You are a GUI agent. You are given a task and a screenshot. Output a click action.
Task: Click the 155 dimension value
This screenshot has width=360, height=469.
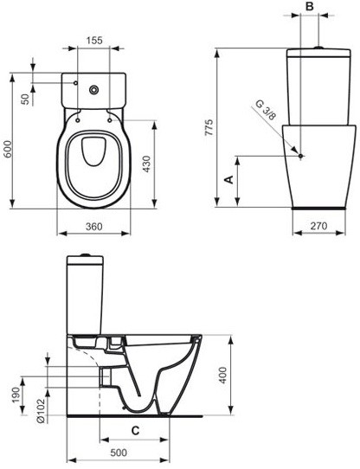coord(94,40)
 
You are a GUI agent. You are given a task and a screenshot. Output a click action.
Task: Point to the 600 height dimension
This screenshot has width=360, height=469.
coord(9,149)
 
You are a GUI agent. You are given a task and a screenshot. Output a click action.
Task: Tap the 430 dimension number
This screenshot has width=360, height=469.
coord(146,164)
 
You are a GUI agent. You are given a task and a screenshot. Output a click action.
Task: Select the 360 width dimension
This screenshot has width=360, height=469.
coord(94,227)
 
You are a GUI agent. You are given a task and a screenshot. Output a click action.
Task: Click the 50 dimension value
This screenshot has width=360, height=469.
coord(27,99)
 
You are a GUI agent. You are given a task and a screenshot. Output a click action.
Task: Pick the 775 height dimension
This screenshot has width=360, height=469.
coord(209,128)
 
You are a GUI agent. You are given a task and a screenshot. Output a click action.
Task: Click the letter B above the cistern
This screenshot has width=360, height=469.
coord(310,6)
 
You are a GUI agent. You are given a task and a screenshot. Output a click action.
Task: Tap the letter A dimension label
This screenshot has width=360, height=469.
coord(229,179)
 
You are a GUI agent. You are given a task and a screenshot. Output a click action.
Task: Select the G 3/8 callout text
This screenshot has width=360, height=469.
coord(265,110)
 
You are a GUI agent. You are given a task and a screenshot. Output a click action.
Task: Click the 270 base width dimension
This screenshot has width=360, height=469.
coord(318,226)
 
